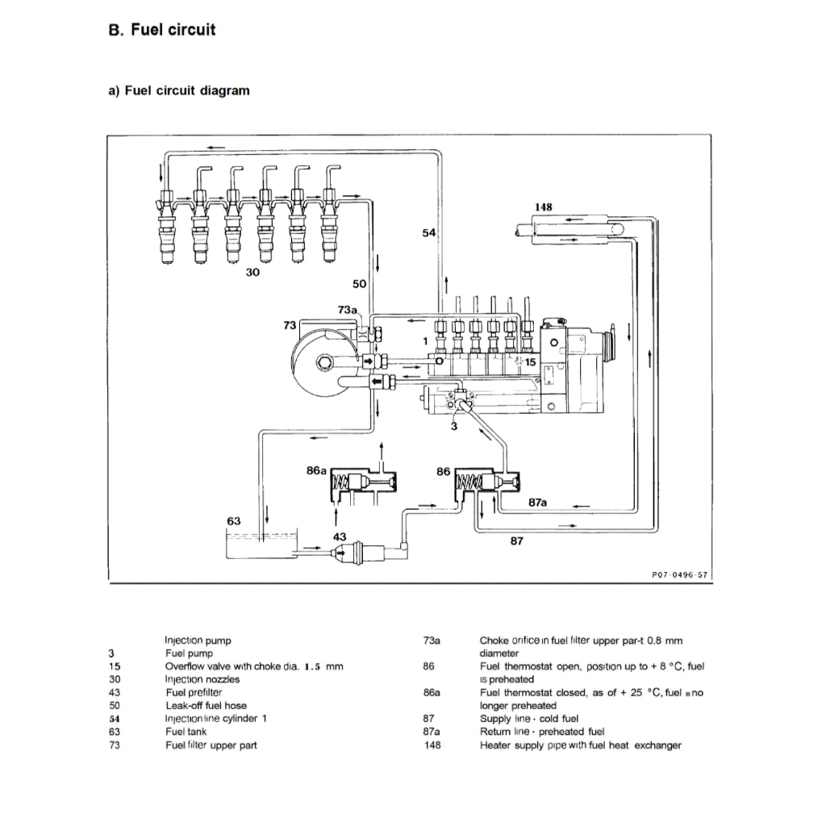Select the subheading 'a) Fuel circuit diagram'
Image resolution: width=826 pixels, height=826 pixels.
(179, 90)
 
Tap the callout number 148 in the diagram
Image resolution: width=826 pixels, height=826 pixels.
(543, 207)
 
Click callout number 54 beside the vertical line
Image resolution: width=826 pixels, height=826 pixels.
(429, 232)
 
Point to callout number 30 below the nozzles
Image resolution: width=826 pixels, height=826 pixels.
(252, 273)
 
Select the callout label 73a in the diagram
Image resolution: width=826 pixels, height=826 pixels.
(347, 309)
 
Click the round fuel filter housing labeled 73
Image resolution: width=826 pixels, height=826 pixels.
(321, 363)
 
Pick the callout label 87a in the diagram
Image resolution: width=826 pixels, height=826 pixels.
(538, 502)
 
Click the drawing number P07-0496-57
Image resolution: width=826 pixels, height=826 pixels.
(679, 575)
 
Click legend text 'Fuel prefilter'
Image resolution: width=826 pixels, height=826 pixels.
(194, 692)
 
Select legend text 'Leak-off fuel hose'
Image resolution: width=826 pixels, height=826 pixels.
(206, 705)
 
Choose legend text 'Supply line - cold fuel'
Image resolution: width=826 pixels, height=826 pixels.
(529, 718)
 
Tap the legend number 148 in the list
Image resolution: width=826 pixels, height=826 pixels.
(432, 745)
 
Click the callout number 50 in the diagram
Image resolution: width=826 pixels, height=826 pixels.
(360, 284)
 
